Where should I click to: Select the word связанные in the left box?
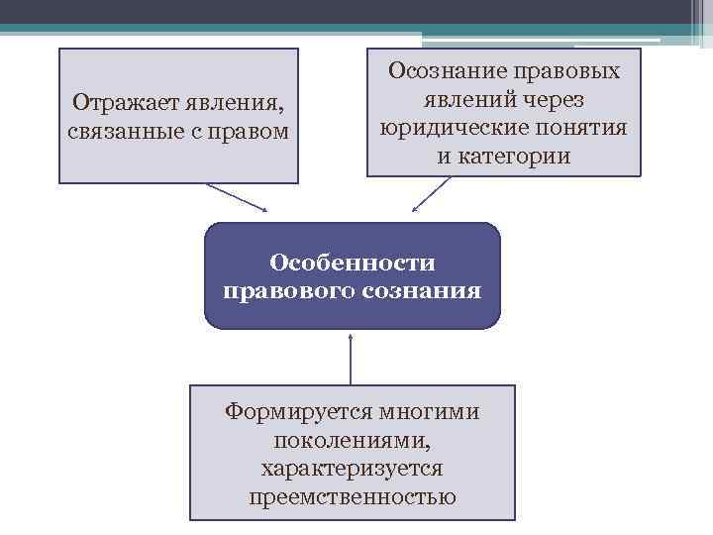(x=116, y=132)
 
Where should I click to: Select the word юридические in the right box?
(x=454, y=128)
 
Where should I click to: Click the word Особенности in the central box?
(x=353, y=263)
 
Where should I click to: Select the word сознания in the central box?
(x=424, y=291)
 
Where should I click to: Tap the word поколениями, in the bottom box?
(x=353, y=439)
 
